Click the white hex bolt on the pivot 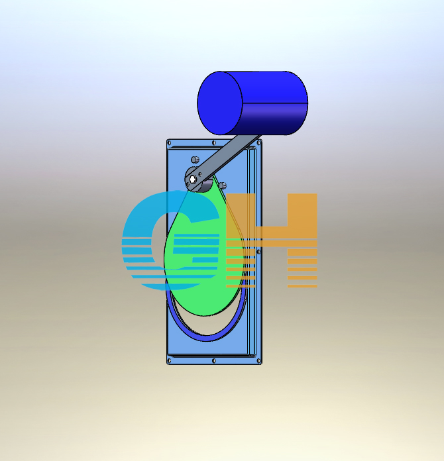(x=192, y=179)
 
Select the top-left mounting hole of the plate (x=169, y=143)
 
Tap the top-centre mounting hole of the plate (x=214, y=143)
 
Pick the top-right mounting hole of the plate (x=259, y=143)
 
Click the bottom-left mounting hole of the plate (x=169, y=361)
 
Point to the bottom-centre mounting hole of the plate (x=214, y=361)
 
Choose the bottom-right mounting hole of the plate (x=259, y=361)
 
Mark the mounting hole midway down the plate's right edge (x=258, y=252)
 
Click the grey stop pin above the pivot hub (x=195, y=160)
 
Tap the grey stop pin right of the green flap (x=223, y=185)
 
